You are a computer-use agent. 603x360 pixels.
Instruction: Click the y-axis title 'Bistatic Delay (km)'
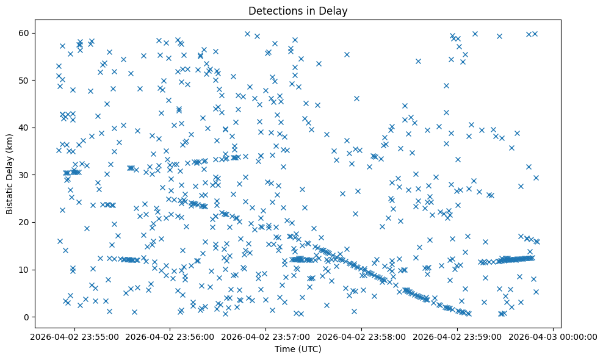tap(10, 174)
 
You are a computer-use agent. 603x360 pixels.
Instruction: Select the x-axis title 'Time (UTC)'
tap(298, 349)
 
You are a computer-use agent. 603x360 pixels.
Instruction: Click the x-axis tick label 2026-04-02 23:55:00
tap(74, 336)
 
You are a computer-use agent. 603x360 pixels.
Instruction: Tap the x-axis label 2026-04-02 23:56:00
tap(170, 336)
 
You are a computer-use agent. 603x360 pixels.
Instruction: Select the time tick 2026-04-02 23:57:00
tap(266, 336)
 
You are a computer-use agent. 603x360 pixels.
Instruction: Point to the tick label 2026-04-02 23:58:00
tap(361, 336)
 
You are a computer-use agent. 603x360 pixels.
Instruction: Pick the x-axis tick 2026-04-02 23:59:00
tap(457, 336)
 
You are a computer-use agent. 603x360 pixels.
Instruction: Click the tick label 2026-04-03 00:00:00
tap(553, 336)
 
